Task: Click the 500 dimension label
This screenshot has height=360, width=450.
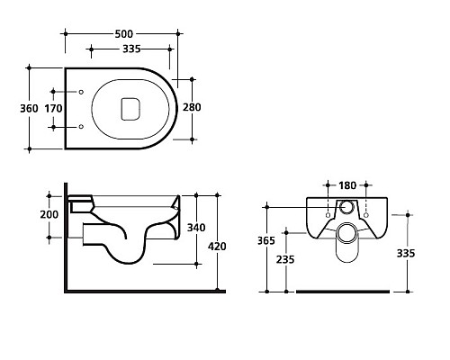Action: click(124, 34)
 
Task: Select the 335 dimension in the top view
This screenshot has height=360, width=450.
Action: click(131, 49)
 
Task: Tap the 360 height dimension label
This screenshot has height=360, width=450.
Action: click(29, 108)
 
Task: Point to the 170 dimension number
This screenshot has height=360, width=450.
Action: click(53, 108)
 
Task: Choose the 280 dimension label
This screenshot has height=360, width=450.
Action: click(192, 107)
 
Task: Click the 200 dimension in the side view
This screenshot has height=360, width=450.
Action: click(49, 214)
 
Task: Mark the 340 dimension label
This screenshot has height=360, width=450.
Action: click(196, 228)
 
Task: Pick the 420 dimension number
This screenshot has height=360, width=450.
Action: click(217, 247)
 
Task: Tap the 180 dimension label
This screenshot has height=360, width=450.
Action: click(347, 185)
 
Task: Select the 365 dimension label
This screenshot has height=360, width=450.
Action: click(266, 240)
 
